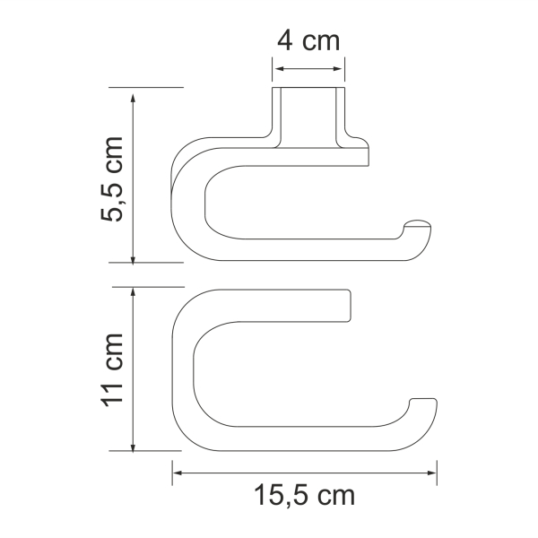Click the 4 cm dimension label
point(308,41)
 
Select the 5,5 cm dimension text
point(112,178)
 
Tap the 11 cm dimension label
point(112,369)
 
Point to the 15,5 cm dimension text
point(304,495)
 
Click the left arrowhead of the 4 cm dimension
point(280,69)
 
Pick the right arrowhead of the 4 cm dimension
point(337,69)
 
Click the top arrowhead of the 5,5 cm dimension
point(133,98)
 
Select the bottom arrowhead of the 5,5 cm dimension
point(133,260)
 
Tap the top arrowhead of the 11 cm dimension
point(133,293)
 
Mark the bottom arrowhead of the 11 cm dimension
point(133,447)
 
